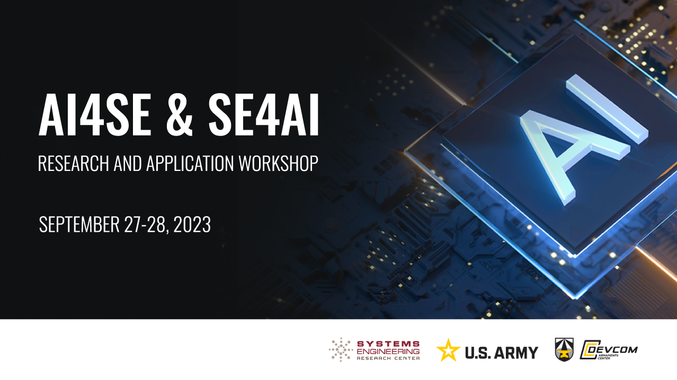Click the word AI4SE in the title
coord(95,114)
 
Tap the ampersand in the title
coord(179,114)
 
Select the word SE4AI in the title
coord(263,114)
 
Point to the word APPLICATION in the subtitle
coord(190,164)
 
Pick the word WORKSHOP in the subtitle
coord(278,164)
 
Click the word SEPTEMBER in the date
coord(79,224)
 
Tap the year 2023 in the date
coord(192,224)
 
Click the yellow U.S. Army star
coord(448,350)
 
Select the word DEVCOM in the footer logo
coord(613,349)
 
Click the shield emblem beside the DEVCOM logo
coord(564,349)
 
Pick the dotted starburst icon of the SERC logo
coord(341,350)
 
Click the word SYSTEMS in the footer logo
coord(388,344)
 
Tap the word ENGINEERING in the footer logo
coord(388,351)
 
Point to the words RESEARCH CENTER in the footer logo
coord(388,358)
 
